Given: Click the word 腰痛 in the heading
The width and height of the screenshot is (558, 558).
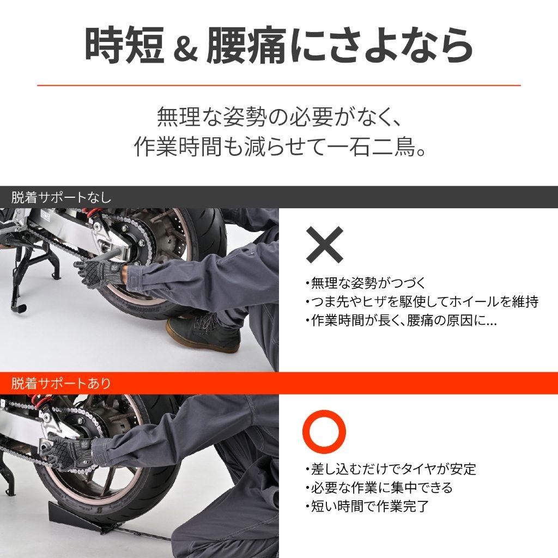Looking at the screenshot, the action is pyautogui.click(x=246, y=46).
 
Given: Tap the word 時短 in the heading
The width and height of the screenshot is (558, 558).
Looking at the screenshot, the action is pyautogui.click(x=125, y=46).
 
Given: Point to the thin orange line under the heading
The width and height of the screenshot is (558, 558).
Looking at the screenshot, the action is pyautogui.click(x=279, y=86).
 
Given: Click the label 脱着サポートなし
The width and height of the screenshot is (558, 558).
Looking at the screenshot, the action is pyautogui.click(x=61, y=197).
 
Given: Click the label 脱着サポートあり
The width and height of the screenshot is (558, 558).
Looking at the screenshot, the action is pyautogui.click(x=61, y=383).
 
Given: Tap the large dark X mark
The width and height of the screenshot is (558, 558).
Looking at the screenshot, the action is pyautogui.click(x=325, y=245).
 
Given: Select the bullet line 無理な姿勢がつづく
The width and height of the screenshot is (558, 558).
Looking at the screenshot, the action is pyautogui.click(x=366, y=283).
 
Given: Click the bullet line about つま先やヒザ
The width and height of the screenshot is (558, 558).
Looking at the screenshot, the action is pyautogui.click(x=422, y=302).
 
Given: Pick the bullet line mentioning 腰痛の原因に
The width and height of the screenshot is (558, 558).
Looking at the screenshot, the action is pyautogui.click(x=401, y=320).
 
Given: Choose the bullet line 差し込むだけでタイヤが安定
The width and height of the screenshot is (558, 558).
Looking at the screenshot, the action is pyautogui.click(x=391, y=469).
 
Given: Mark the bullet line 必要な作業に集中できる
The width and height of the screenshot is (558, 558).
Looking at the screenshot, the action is pyautogui.click(x=379, y=488).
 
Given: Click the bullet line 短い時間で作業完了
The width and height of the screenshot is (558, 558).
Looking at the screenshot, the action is pyautogui.click(x=367, y=506).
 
